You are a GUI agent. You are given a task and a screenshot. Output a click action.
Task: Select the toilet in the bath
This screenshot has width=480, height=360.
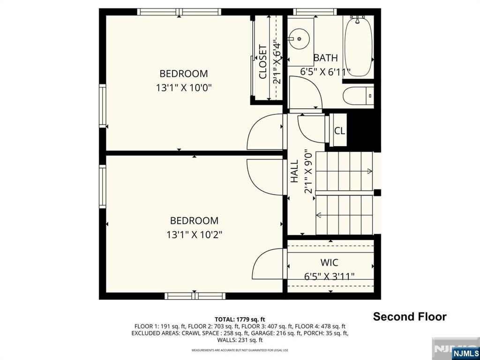pyautogui.click(x=357, y=96)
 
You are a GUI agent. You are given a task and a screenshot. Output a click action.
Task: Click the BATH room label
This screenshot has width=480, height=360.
pyautogui.click(x=325, y=58)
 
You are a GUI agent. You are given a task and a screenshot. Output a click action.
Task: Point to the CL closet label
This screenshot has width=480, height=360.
pyautogui.click(x=339, y=131)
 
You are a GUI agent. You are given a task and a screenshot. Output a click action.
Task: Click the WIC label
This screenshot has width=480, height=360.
pyautogui.click(x=329, y=263)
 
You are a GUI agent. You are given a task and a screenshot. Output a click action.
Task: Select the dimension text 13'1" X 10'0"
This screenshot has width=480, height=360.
pyautogui.click(x=184, y=88)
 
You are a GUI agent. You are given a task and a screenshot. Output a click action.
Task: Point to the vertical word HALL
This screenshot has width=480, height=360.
pyautogui.click(x=294, y=171)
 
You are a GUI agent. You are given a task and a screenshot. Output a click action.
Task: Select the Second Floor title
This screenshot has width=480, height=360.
pyautogui.click(x=409, y=317)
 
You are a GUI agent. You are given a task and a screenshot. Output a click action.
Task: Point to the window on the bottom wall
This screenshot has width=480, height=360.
pyautogui.click(x=195, y=296)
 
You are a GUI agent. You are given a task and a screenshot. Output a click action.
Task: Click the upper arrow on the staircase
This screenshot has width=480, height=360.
pyautogui.click(x=369, y=171)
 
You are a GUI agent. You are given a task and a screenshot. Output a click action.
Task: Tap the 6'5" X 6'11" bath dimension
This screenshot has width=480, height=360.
pyautogui.click(x=325, y=72)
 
